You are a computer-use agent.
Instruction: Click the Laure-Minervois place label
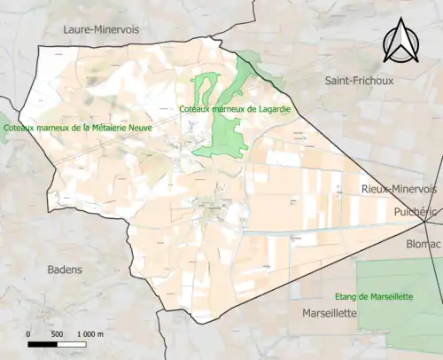(x=101, y=29)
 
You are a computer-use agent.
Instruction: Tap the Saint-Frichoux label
(x=360, y=81)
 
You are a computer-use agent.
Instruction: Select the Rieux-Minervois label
(x=400, y=190)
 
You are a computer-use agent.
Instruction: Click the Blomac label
(x=424, y=243)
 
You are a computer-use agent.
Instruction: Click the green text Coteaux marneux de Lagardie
(x=235, y=109)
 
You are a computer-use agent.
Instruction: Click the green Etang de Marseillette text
(x=374, y=296)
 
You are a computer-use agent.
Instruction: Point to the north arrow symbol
(x=399, y=43)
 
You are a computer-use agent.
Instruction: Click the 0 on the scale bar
(x=28, y=333)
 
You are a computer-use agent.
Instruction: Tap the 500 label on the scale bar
(x=57, y=333)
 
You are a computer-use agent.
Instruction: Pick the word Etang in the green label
(x=346, y=296)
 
